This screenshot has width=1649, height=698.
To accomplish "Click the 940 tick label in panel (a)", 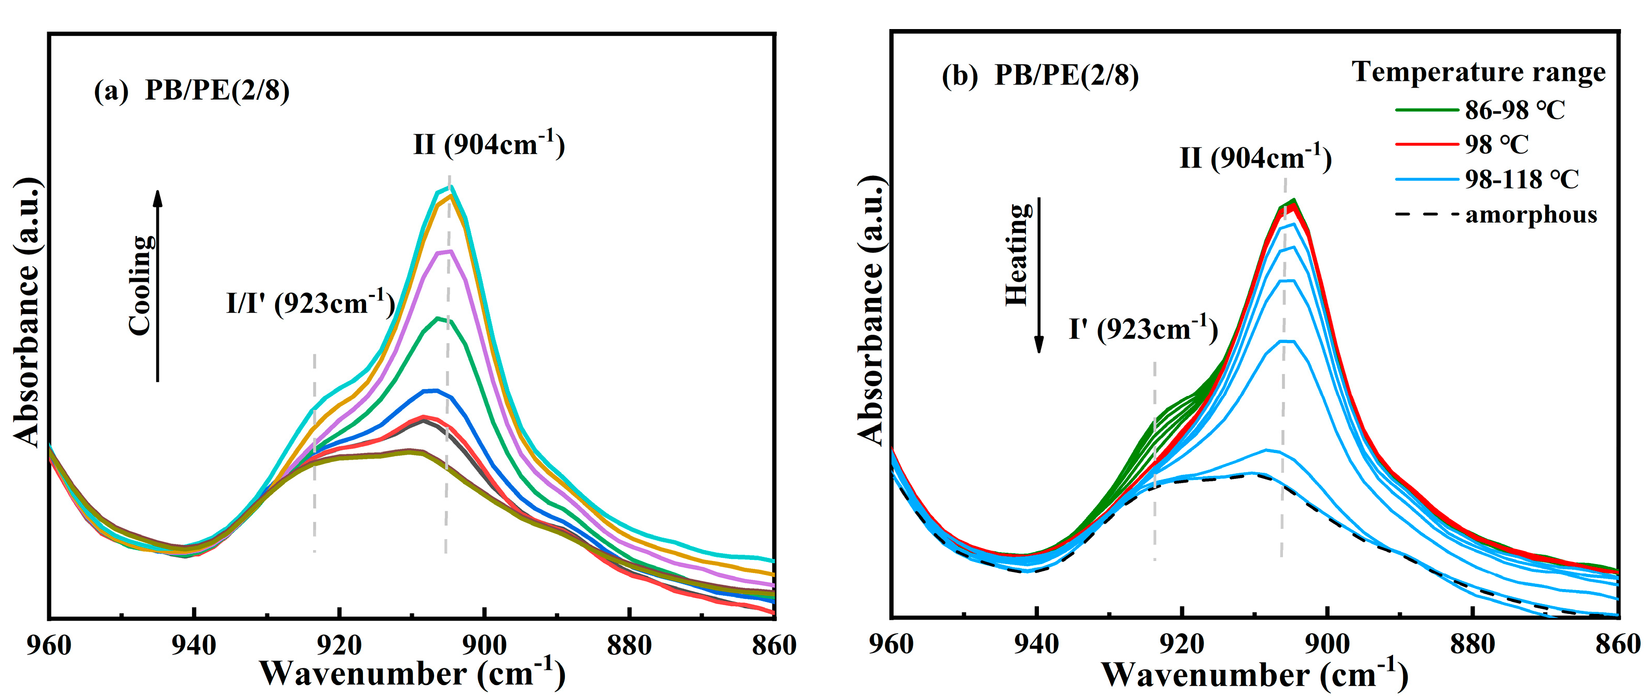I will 194,645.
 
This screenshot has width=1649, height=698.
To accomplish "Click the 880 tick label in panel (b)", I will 1473,644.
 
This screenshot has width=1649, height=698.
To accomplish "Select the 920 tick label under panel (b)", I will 1182,644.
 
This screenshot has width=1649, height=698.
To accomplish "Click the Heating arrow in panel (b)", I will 1039,275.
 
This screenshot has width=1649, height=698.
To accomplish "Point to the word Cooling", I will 141,285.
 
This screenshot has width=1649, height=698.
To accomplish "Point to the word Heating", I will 1018,255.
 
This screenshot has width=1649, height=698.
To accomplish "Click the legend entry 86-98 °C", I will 1515,110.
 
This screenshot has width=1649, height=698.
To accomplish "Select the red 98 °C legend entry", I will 1495,145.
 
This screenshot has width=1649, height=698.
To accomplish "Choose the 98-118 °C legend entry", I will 1521,179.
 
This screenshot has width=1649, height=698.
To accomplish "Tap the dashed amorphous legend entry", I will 1530,214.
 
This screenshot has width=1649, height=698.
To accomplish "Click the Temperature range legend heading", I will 1478,72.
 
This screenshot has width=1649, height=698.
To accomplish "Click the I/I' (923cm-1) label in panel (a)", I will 310,302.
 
